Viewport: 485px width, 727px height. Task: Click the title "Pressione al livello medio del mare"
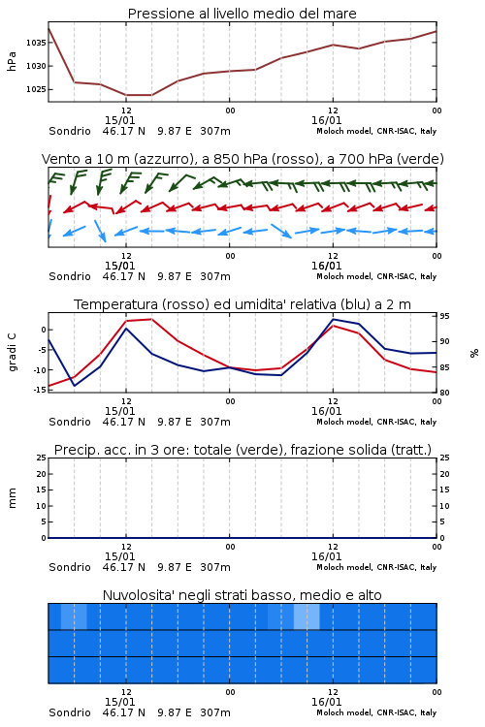(x=242, y=14)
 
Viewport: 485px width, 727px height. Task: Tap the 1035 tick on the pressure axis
(x=36, y=43)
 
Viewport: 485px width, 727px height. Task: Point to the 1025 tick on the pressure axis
(x=36, y=89)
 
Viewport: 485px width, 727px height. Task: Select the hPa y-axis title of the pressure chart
(x=12, y=61)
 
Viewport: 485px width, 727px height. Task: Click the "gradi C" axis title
(x=12, y=352)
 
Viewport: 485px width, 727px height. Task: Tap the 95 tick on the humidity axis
(x=444, y=316)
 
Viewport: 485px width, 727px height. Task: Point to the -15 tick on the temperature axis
(x=40, y=390)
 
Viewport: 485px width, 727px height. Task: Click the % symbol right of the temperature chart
(x=474, y=353)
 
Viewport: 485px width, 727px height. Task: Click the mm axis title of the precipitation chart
(x=12, y=498)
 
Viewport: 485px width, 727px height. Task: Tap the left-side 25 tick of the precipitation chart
(x=42, y=458)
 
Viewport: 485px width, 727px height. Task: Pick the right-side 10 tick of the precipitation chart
(x=444, y=506)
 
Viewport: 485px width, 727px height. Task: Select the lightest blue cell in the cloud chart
(x=307, y=616)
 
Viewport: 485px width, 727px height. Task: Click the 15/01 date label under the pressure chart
(x=119, y=120)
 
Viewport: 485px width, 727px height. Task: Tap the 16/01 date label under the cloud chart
(x=326, y=702)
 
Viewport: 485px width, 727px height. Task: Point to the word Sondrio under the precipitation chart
(x=70, y=567)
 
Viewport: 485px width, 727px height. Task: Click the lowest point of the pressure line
(x=139, y=95)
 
